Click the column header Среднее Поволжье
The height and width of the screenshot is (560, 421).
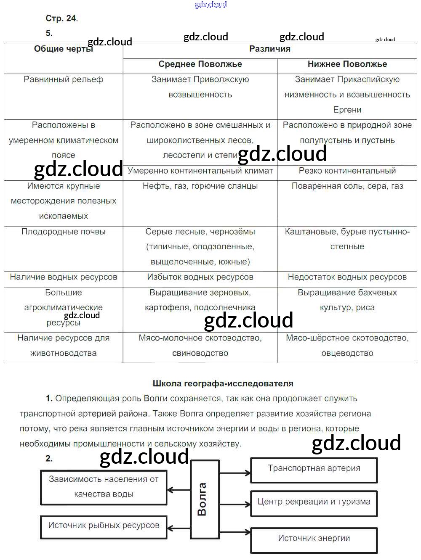200,64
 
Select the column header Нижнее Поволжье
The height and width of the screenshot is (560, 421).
347,64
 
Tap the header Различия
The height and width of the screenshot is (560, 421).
269,49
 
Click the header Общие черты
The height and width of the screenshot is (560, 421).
63,49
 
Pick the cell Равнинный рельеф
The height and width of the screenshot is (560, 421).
63,79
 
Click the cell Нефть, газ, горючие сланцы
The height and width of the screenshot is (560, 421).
200,186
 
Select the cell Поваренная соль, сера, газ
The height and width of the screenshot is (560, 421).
347,186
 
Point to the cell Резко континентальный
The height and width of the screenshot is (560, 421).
347,171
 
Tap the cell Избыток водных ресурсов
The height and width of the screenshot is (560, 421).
200,277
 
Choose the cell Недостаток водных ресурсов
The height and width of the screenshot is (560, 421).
347,277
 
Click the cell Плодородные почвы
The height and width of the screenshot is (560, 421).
63,232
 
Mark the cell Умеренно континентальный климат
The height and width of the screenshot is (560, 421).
200,171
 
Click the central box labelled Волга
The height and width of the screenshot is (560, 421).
205,499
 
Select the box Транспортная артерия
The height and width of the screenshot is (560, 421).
314,470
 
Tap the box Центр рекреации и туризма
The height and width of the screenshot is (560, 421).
314,503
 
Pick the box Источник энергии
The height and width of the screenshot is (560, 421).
314,540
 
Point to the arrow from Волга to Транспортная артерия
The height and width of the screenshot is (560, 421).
235,473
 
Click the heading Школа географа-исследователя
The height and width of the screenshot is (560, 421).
223,383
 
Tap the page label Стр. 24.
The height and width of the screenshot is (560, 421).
61,18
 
